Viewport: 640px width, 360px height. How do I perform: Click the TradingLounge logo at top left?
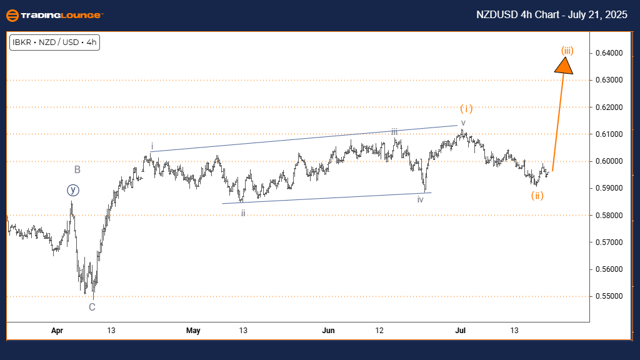(55, 15)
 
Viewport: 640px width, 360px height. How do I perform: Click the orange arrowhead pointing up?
(565, 64)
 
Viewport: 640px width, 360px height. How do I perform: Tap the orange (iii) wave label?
(567, 50)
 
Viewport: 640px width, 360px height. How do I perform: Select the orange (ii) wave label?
(537, 196)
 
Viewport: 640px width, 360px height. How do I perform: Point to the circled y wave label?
(72, 189)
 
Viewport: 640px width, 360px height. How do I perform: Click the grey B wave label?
(77, 169)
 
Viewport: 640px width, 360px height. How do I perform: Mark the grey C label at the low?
(92, 307)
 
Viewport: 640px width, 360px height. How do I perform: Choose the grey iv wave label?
(421, 199)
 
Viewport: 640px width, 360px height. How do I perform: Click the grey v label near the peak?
(463, 122)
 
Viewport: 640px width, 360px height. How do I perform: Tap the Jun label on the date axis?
(328, 331)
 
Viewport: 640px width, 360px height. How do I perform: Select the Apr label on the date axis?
(57, 331)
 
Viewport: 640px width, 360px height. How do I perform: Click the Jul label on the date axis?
(461, 331)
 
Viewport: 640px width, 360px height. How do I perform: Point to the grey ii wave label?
(243, 213)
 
